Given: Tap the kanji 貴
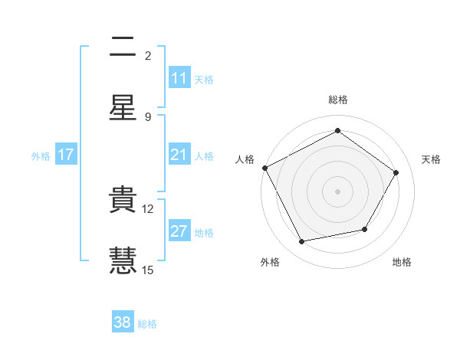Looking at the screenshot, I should (x=123, y=201).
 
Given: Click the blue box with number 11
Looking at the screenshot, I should (x=179, y=78).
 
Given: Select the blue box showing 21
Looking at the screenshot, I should (x=179, y=155).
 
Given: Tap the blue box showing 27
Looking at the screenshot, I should (x=179, y=231).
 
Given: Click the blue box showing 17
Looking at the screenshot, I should (x=66, y=155).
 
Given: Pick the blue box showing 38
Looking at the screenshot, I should (x=123, y=322).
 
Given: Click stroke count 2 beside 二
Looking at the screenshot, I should (x=148, y=56).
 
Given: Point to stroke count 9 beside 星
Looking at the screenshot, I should (x=148, y=116).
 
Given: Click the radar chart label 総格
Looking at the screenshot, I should (x=338, y=100).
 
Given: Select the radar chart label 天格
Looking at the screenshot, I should (x=432, y=159).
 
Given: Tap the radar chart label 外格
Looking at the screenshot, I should (x=270, y=262).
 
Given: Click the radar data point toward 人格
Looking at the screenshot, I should (x=264, y=168).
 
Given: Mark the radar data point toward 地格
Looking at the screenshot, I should (x=365, y=229).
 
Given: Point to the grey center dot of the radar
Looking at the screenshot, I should (x=337, y=191).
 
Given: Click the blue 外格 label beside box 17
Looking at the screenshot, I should (x=41, y=155).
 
